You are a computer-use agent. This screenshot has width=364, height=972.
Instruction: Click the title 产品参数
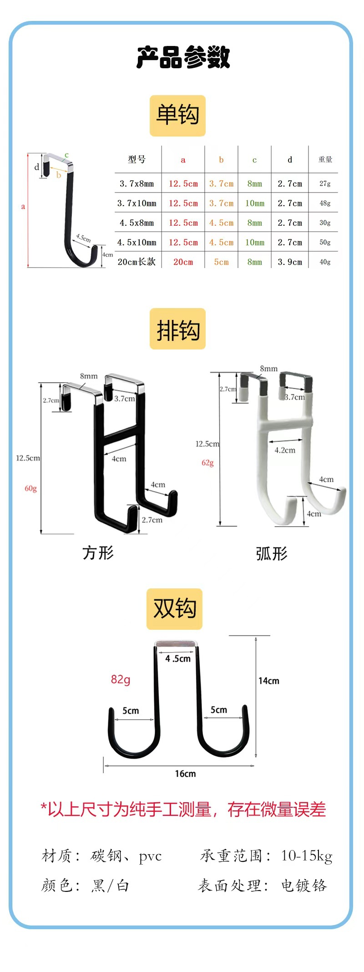183,57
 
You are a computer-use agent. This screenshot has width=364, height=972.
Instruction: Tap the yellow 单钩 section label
177,116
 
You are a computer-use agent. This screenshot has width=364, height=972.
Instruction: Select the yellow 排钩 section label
177,329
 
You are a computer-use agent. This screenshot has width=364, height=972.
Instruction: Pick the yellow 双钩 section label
174,609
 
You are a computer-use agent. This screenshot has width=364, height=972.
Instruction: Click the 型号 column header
137,159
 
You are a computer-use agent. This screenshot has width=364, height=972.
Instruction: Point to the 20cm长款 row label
136,262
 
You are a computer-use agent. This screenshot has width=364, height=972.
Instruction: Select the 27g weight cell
325,183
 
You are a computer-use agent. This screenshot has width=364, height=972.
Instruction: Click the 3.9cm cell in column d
290,262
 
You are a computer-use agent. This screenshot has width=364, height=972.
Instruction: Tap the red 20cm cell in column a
183,262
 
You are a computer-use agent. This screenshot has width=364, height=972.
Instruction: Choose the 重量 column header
325,159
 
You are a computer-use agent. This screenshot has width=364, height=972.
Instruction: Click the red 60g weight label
31,488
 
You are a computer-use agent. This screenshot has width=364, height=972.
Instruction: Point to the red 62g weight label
207,463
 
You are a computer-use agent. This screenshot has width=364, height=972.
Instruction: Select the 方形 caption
98,553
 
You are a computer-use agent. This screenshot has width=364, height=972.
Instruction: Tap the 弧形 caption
272,554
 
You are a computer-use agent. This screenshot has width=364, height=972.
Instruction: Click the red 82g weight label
121,680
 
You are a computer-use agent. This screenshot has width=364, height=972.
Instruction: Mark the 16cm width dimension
186,774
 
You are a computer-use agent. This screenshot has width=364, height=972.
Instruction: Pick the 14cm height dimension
269,681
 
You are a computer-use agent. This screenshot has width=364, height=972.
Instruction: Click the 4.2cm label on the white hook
285,450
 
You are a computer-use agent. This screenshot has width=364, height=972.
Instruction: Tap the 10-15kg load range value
307,856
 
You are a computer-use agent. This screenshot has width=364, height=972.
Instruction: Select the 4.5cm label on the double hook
178,658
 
